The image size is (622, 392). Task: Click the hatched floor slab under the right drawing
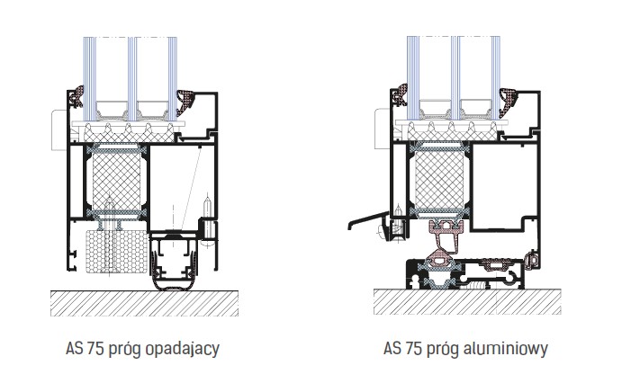coord(468,303)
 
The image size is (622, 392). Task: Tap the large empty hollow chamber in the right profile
coord(504,180)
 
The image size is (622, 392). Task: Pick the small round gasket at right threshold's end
coord(533,260)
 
